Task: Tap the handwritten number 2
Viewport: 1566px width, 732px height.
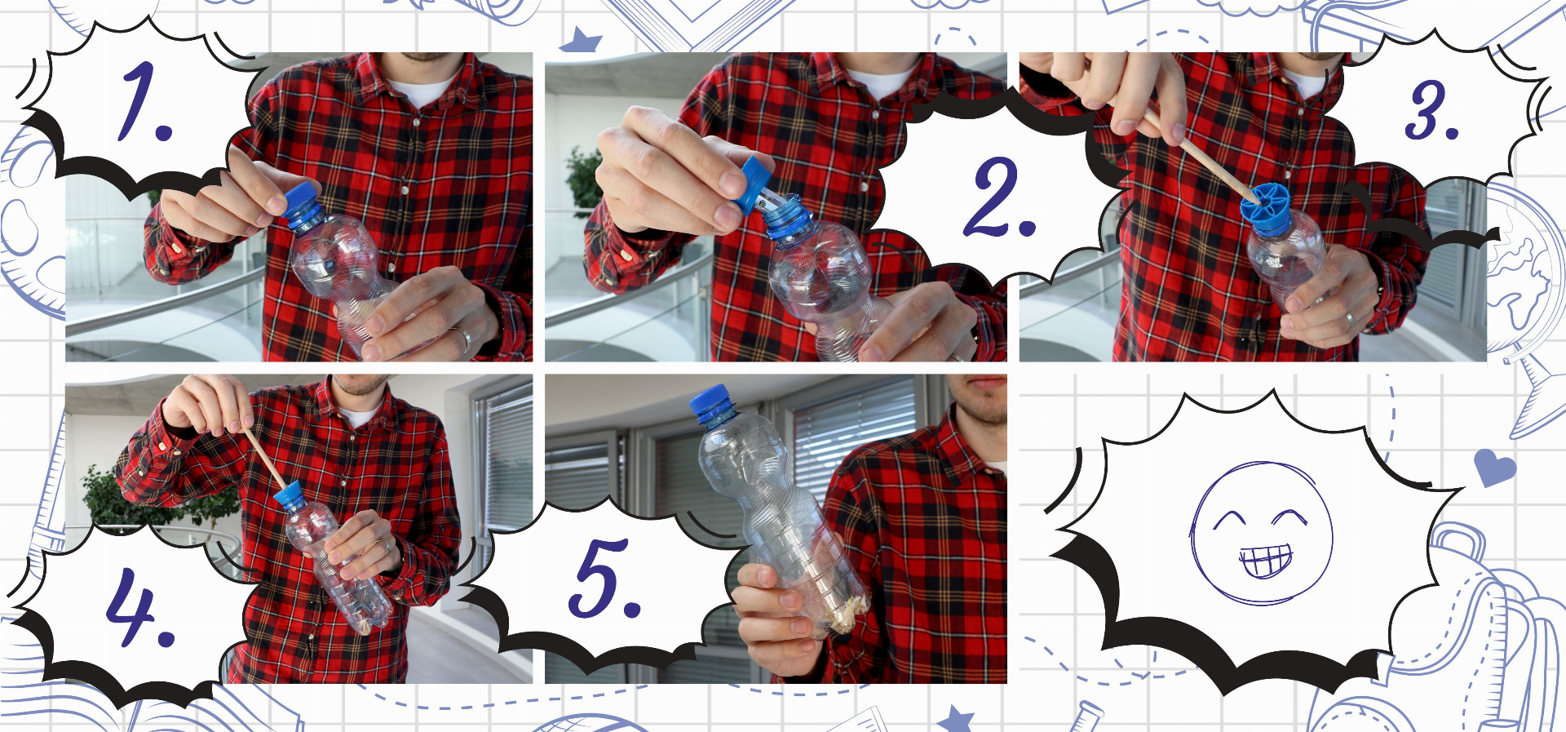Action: pos(1000,198)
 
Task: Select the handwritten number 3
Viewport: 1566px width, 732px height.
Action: pos(1431,110)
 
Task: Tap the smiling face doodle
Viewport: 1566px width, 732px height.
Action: pos(1261,534)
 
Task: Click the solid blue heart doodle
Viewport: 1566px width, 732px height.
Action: pos(1494,468)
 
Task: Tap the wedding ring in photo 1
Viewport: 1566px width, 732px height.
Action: pos(462,337)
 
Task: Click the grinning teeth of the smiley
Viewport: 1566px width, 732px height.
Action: pos(1266,561)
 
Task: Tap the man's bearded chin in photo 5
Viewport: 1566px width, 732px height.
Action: pos(984,408)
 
